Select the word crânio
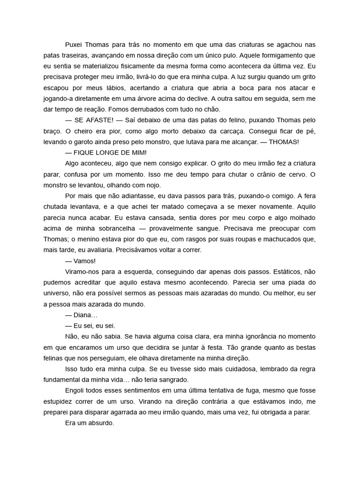click(259, 174)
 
